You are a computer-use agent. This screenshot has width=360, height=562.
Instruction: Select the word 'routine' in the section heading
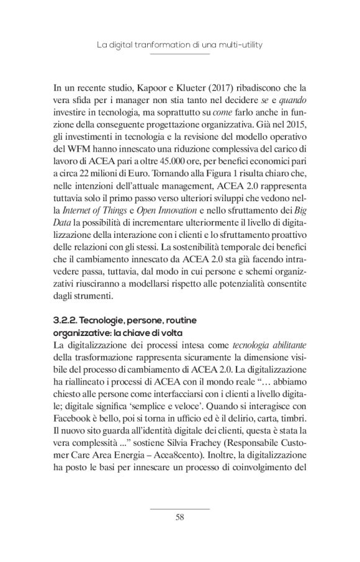coord(179,319)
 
